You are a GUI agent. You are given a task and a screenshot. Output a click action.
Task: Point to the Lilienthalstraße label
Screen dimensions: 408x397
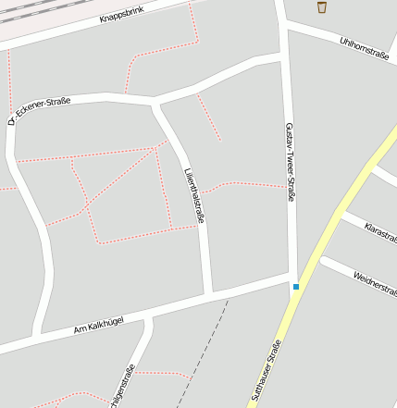point(193,195)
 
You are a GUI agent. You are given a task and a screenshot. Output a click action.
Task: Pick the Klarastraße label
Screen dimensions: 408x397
point(380,232)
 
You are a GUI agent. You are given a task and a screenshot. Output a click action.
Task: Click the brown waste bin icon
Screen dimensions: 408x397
point(322,7)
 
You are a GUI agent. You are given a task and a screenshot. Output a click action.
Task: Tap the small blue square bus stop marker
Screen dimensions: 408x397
point(296,287)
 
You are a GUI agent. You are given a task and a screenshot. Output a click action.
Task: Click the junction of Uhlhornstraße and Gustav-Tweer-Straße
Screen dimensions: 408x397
point(286,30)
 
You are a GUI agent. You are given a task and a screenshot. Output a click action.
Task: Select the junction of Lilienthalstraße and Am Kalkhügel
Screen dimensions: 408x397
point(210,295)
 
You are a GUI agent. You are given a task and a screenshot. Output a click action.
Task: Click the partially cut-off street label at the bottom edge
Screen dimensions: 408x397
point(123,387)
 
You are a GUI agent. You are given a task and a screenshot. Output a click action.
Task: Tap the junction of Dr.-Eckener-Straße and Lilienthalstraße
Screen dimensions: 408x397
point(154,101)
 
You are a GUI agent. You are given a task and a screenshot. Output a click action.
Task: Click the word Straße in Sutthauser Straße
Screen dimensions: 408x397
point(273,355)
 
